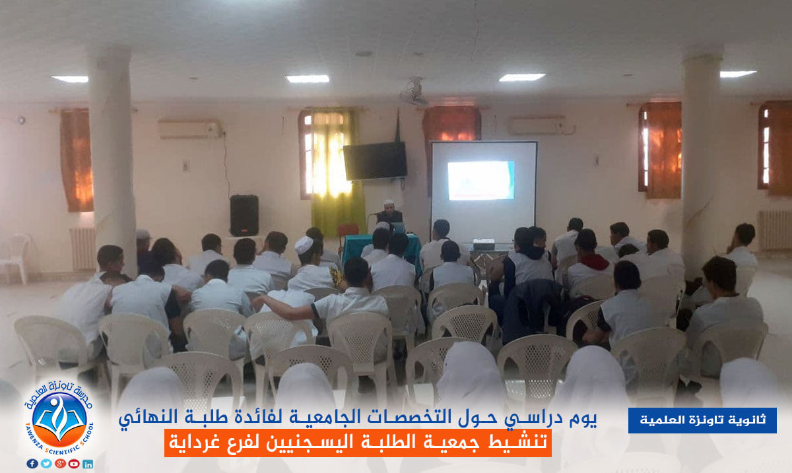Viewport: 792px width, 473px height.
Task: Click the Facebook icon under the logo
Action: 32,464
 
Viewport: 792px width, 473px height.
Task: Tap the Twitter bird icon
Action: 46,464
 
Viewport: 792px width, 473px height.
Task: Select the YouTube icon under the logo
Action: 74,464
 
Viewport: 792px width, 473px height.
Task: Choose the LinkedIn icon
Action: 88,464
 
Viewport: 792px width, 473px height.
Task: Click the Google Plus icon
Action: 60,464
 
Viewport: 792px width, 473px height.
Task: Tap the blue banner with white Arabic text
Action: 702,420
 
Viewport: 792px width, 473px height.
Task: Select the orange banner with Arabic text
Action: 358,443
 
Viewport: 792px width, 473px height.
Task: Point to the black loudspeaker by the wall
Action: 244,215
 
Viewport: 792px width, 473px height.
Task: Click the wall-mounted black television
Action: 375,161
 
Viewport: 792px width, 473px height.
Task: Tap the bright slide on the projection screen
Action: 481,180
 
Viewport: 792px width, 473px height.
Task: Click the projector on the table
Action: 484,244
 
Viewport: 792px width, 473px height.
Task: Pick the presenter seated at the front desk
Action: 389,212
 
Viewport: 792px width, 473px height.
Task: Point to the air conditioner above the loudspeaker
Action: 190,129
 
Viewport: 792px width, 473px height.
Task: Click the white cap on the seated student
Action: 304,245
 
